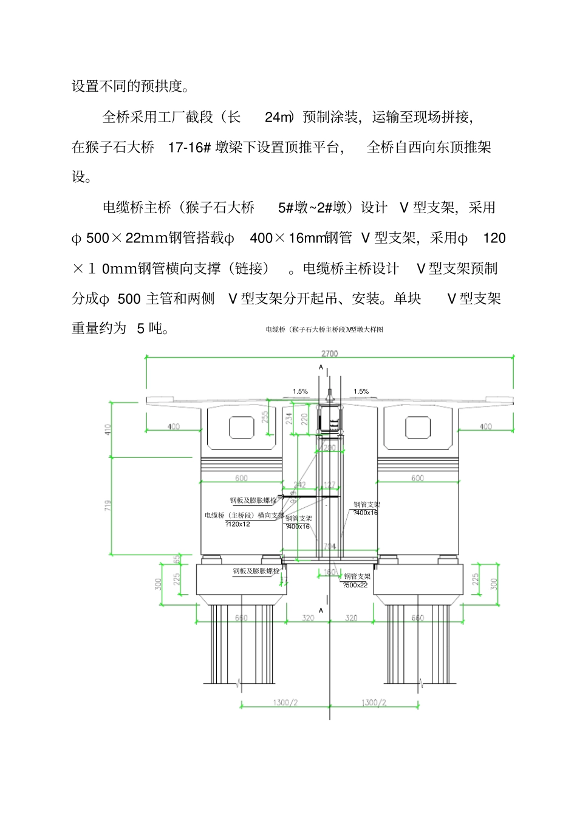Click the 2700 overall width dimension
pyautogui.click(x=329, y=354)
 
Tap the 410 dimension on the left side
pyautogui.click(x=108, y=429)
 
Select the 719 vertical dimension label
pyautogui.click(x=108, y=505)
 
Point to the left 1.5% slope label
pyautogui.click(x=300, y=392)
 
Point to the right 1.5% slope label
pyautogui.click(x=361, y=392)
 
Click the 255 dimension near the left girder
pyautogui.click(x=265, y=417)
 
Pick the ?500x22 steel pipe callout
pyautogui.click(x=356, y=585)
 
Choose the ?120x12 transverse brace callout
pyautogui.click(x=238, y=524)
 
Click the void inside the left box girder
pyautogui.click(x=241, y=428)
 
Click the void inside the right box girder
pyautogui.click(x=417, y=428)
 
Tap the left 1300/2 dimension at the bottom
pyautogui.click(x=285, y=702)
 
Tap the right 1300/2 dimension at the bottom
pyautogui.click(x=374, y=702)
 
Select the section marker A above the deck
pyautogui.click(x=321, y=367)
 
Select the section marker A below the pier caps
pyautogui.click(x=321, y=610)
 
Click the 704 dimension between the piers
pyautogui.click(x=329, y=547)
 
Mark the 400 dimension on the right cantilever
pyautogui.click(x=485, y=426)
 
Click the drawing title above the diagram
pyautogui.click(x=324, y=330)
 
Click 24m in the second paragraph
pyautogui.click(x=279, y=117)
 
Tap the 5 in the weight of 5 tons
pyautogui.click(x=140, y=329)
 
